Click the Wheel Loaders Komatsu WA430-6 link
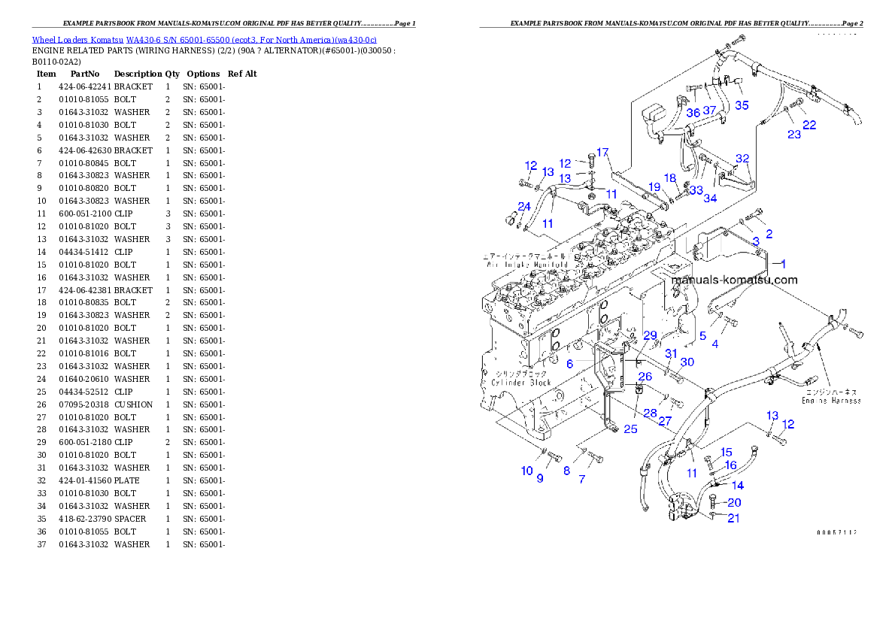pos(204,39)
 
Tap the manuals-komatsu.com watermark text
pos(733,280)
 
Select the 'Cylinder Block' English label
pos(521,383)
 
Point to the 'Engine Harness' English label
pos(830,401)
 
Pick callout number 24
pos(523,206)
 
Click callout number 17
pos(602,153)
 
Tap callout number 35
pos(742,105)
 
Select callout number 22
pos(809,125)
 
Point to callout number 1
pos(782,264)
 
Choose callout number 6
pos(570,363)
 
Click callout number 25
pos(630,429)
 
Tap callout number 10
pos(526,471)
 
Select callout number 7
pos(581,478)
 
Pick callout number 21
pos(733,518)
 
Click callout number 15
pos(726,452)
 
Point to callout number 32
pos(742,159)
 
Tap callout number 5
pos(702,336)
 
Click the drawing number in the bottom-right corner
pos(836,532)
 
